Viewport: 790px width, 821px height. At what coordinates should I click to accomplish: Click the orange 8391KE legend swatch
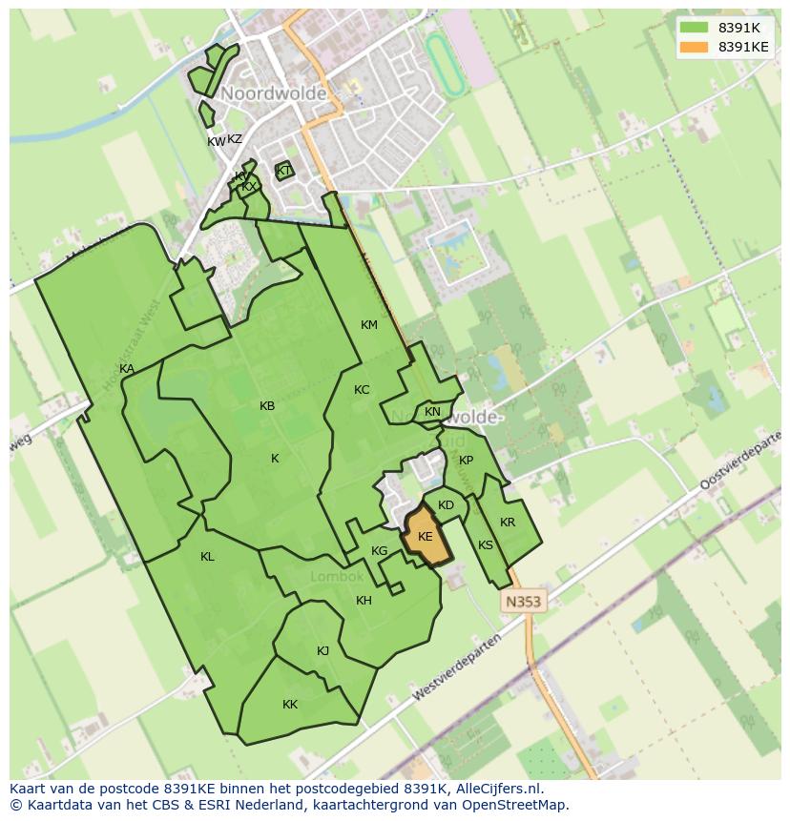(694, 47)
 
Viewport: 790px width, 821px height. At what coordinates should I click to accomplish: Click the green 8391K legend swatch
(694, 28)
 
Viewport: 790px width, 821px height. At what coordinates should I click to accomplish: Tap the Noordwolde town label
(274, 93)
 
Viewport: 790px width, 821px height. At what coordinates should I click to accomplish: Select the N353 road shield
(522, 602)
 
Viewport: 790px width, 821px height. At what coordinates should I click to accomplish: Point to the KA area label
(127, 369)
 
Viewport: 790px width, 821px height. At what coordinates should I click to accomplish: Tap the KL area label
(207, 557)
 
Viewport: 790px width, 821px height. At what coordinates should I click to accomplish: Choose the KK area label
(290, 705)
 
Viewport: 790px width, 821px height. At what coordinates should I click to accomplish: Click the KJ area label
(322, 651)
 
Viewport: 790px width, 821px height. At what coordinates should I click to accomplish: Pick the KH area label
(364, 601)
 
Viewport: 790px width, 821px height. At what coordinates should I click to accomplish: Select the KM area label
(369, 325)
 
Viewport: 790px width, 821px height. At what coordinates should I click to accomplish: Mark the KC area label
(362, 390)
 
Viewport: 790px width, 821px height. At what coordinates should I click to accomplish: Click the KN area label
(432, 412)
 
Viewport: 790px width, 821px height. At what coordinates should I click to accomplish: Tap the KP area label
(466, 461)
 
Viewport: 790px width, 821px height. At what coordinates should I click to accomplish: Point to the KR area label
(508, 523)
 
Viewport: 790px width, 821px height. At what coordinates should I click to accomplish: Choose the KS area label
(486, 545)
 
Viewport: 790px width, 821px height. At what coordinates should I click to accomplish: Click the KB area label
(267, 406)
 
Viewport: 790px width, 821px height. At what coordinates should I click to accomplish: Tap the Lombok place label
(337, 577)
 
